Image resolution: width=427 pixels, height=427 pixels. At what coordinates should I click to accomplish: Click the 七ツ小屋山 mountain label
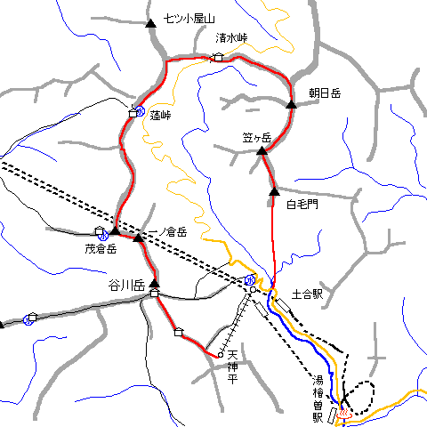190,19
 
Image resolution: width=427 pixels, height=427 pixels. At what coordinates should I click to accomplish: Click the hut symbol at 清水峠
218,58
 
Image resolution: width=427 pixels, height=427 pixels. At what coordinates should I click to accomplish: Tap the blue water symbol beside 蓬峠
141,111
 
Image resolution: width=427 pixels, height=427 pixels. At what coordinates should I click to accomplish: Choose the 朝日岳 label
325,93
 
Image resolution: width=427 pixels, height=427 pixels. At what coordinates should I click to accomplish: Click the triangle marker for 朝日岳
291,105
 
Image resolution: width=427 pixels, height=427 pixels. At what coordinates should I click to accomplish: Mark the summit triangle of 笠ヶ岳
262,152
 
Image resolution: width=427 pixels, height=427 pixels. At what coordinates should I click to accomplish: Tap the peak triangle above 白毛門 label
274,189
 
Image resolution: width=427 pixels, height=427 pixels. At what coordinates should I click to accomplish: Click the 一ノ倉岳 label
166,231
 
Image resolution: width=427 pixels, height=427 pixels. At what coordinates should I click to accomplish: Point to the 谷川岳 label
125,285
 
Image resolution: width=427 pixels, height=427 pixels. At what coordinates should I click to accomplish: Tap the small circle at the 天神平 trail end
220,355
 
